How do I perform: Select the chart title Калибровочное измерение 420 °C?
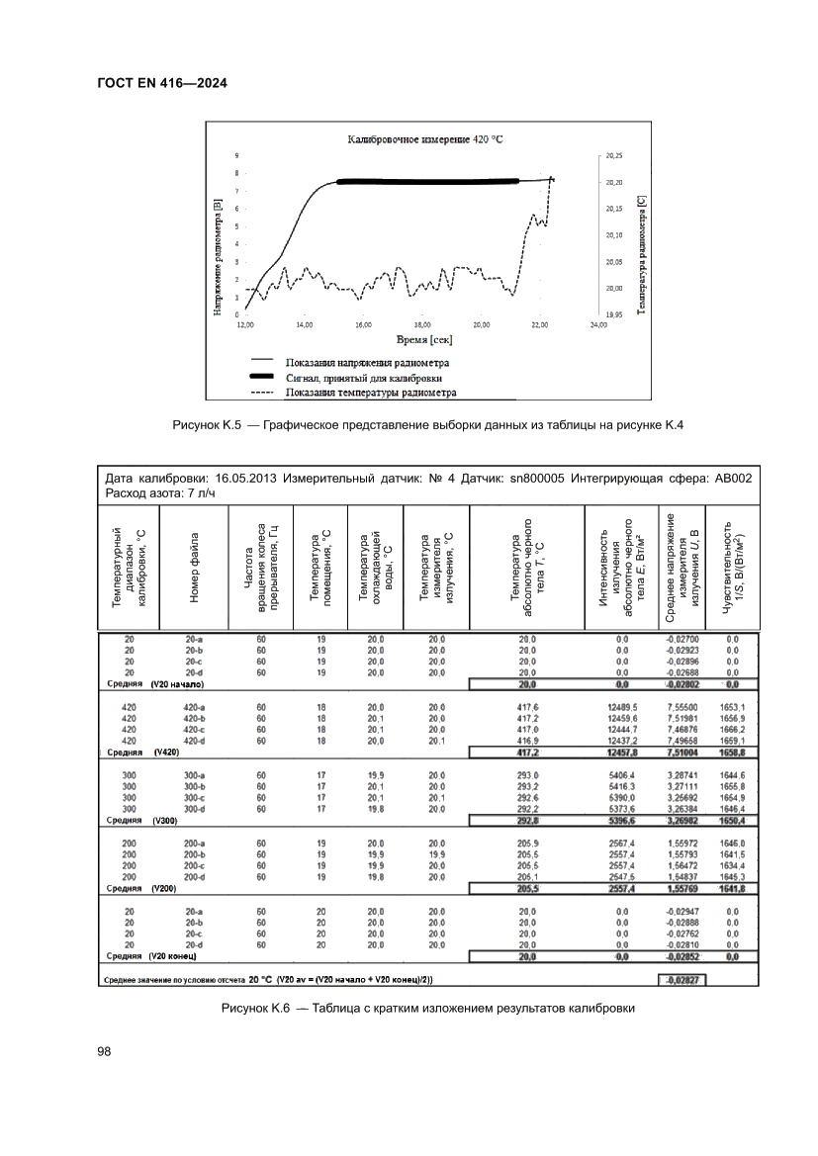(x=424, y=140)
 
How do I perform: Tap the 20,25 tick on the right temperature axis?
(x=613, y=156)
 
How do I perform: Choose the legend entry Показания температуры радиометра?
(x=370, y=392)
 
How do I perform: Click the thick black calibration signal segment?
(x=427, y=182)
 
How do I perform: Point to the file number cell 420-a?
(x=194, y=707)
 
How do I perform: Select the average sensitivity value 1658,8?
(x=732, y=753)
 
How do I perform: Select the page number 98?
(x=105, y=1051)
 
